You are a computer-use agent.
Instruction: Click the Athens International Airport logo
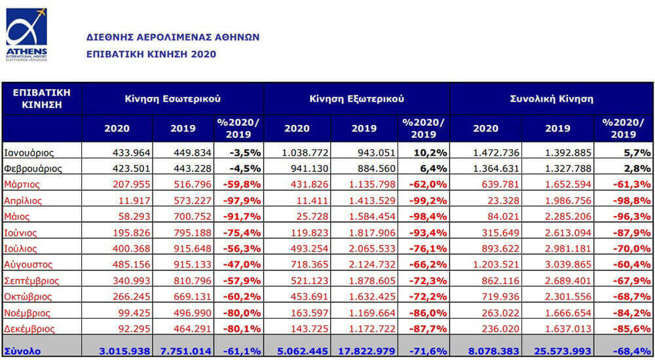tap(26, 35)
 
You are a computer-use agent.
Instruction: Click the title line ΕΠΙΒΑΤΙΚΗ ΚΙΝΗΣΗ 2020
tap(151, 54)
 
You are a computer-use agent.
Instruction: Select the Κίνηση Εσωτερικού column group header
tap(172, 99)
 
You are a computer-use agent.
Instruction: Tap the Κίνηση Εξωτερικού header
tap(357, 99)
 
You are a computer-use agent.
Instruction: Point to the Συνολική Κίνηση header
tap(552, 99)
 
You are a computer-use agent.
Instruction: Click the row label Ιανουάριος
tap(29, 153)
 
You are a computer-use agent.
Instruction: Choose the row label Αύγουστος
tap(28, 265)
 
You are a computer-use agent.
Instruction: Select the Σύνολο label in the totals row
tap(22, 351)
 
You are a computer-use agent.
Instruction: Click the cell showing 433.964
tap(131, 153)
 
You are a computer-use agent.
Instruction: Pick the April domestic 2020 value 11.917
tap(134, 201)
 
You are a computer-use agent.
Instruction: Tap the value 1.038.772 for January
tap(305, 153)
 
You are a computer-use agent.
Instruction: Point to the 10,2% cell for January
tap(430, 153)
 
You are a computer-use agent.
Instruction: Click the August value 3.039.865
tap(568, 265)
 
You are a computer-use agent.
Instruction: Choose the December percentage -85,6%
tap(631, 329)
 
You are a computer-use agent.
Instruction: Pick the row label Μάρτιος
tap(22, 185)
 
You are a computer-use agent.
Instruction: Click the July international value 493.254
tap(309, 249)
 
